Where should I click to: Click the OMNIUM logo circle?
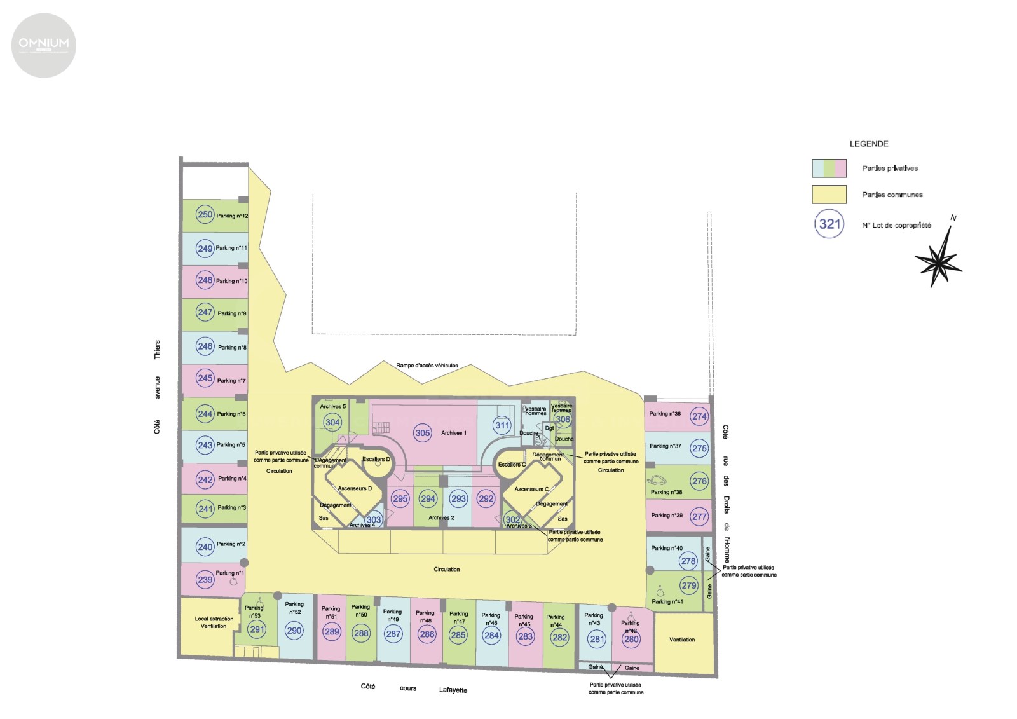(44, 45)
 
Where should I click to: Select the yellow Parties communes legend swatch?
(829, 195)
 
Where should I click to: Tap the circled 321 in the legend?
(829, 224)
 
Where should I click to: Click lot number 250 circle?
(205, 215)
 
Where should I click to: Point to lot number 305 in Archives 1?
(423, 433)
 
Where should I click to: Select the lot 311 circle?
(502, 425)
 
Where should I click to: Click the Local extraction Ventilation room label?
(214, 622)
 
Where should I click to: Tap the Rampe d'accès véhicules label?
(427, 366)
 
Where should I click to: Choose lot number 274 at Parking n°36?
(699, 416)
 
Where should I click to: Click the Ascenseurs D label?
(355, 488)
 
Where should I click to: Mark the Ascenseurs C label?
(531, 489)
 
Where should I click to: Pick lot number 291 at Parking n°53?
(257, 630)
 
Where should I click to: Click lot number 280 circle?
(631, 639)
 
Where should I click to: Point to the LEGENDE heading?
(869, 144)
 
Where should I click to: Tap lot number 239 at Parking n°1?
(205, 579)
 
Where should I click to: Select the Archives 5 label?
(333, 406)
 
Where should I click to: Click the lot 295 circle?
(400, 499)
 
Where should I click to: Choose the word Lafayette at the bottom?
(453, 690)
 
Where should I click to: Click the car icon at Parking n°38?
(657, 481)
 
